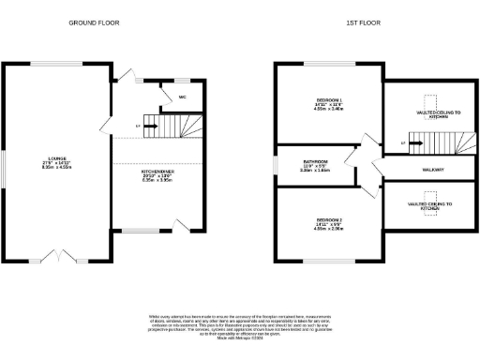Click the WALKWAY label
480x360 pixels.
[432, 169]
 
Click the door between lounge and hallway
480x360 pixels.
[105, 127]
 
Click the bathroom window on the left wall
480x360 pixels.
[277, 166]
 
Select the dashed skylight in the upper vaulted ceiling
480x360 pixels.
[431, 103]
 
